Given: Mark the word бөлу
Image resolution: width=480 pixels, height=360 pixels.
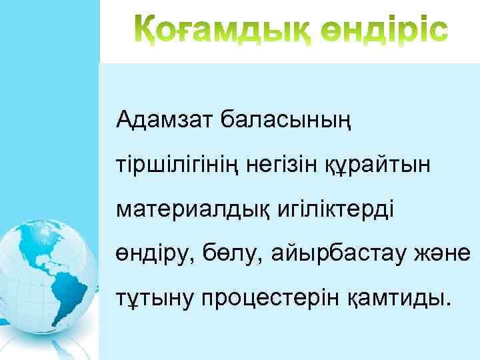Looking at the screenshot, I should (x=225, y=255).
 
